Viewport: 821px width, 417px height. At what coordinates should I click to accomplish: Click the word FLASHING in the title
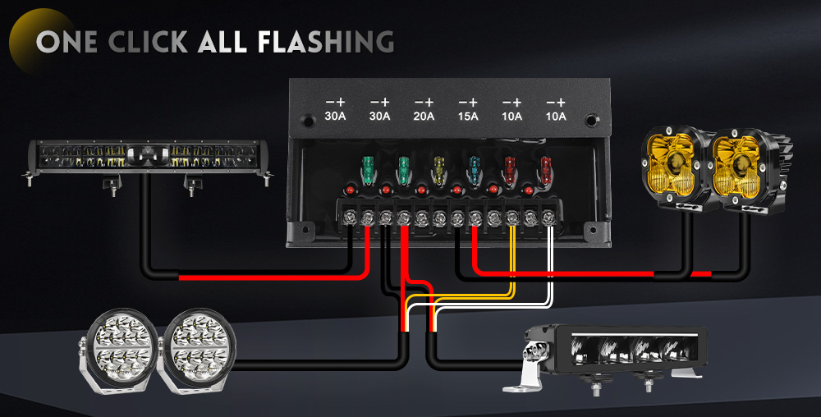pos(327,41)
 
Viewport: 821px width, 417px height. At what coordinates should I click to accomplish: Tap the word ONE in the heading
pos(67,41)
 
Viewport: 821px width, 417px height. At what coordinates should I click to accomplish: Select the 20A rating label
pos(424,117)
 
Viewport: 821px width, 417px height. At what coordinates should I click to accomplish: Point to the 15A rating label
pos(467,117)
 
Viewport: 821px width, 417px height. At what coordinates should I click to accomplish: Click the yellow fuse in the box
pos(438,169)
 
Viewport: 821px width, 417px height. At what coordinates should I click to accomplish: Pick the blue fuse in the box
pos(475,169)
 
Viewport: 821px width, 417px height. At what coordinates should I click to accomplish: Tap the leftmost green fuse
pos(367,171)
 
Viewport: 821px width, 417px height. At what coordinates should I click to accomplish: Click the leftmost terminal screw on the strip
pos(350,218)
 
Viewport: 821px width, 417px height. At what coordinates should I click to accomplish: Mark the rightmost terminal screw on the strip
pos(548,218)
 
